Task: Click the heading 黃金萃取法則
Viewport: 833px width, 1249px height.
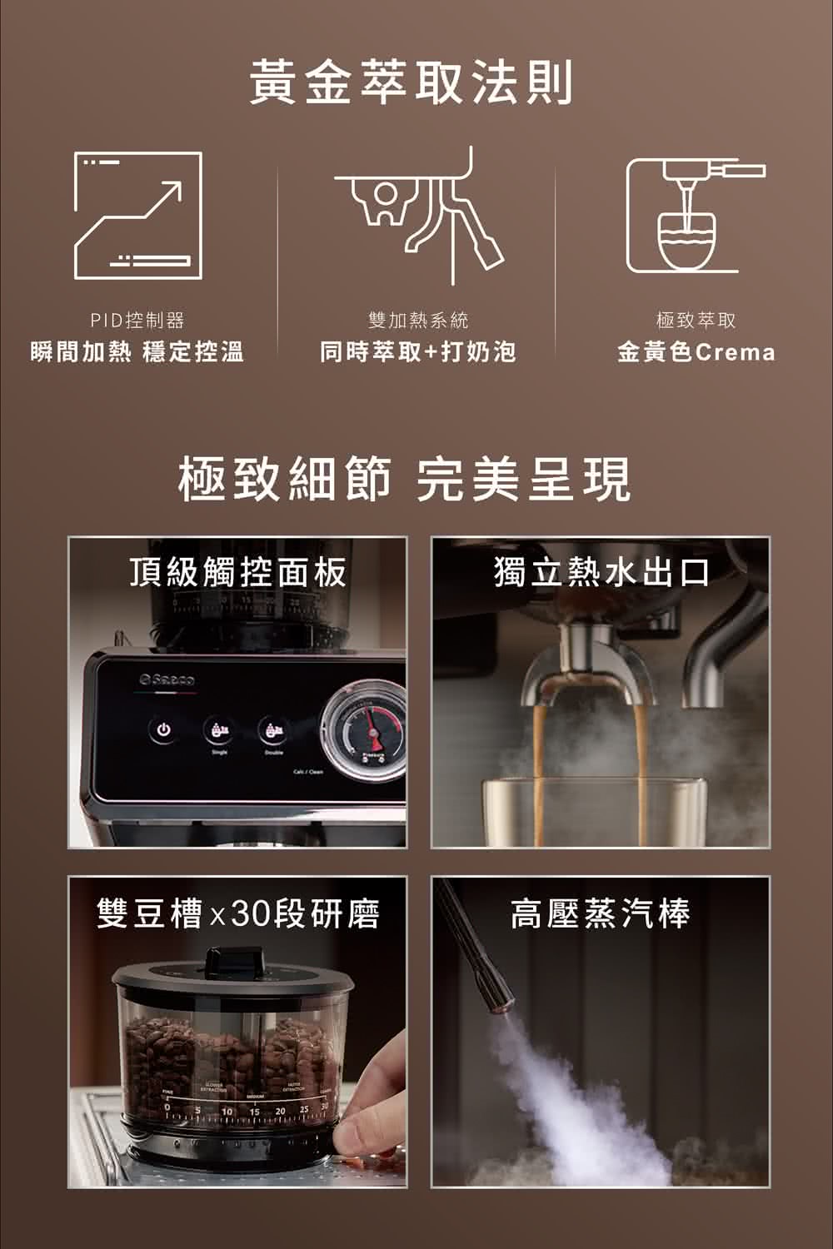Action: (412, 83)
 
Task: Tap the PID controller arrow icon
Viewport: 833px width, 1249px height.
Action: (138, 215)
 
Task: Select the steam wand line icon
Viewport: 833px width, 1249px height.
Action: (416, 215)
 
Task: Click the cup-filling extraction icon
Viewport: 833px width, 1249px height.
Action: (694, 215)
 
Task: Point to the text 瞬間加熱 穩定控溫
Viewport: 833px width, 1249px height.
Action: (137, 352)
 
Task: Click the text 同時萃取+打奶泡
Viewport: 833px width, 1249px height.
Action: (417, 352)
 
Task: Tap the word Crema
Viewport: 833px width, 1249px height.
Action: (735, 353)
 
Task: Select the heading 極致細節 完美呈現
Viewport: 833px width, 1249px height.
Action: (405, 480)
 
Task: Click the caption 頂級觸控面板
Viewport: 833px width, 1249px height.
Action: (238, 572)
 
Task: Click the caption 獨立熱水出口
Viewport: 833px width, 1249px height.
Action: (601, 572)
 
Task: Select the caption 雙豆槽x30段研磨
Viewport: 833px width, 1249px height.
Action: (238, 913)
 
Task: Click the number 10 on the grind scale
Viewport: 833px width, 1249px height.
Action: (227, 1113)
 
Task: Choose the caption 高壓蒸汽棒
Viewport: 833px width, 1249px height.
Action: (600, 913)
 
